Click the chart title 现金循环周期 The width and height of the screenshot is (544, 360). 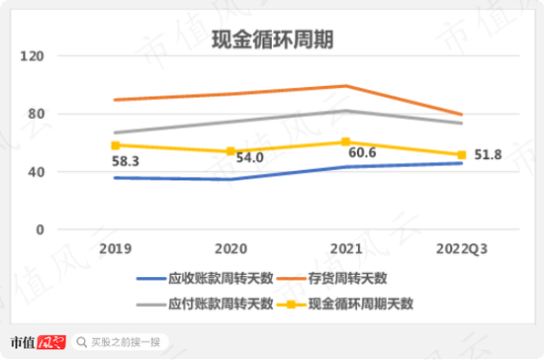pos(272,40)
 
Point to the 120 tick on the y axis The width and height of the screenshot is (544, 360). pos(34,57)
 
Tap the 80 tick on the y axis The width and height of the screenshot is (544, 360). pos(38,114)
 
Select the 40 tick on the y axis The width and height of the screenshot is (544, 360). pos(38,171)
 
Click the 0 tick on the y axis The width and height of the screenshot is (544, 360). pos(42,228)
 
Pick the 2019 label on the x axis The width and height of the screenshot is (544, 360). pos(116,246)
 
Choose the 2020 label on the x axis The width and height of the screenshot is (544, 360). pos(229,246)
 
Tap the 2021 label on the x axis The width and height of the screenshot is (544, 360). pos(344,246)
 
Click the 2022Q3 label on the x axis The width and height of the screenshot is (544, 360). pos(459,246)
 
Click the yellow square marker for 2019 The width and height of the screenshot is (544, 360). pos(116,145)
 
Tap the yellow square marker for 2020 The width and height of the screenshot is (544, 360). pos(230,151)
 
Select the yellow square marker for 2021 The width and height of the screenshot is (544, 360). pos(344,142)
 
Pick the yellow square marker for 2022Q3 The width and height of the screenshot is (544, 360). pos(459,155)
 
